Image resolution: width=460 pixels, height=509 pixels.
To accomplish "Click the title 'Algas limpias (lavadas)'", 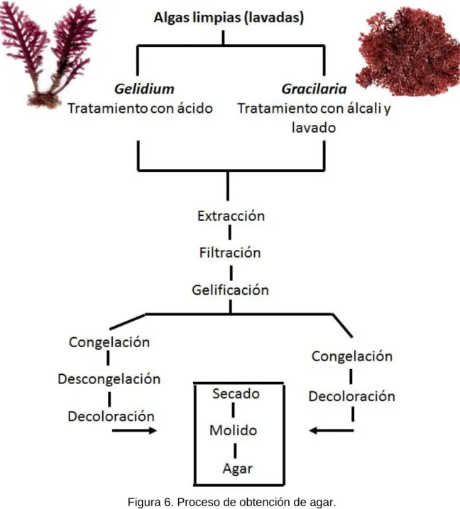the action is [229, 18].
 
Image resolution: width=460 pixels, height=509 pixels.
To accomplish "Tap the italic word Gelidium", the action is [144, 89].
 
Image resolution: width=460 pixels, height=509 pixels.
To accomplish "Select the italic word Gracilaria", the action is [314, 89].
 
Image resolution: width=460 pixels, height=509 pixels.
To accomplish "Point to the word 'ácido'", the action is [195, 108].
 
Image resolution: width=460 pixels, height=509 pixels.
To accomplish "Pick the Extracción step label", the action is [231, 216].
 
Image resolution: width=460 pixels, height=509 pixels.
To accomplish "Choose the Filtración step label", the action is [230, 253].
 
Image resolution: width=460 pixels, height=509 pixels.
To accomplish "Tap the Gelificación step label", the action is [231, 290].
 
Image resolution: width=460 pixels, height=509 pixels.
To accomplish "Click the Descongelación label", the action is [109, 379].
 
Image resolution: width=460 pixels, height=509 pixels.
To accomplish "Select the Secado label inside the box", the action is [236, 393].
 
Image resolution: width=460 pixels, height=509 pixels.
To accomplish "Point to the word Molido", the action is [234, 430].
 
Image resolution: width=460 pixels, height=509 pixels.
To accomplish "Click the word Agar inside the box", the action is [238, 469].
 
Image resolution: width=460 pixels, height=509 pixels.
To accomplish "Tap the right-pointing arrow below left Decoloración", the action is [134, 431].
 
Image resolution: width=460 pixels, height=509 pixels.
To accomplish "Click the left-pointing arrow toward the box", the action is [332, 431].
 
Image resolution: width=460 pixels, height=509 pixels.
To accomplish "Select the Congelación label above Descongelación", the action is [109, 342].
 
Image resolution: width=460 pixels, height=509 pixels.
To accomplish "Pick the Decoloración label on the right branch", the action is [352, 396].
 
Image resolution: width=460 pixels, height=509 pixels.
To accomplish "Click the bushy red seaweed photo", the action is [408, 51].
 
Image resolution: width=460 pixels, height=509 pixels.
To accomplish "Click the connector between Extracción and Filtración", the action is [230, 232].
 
